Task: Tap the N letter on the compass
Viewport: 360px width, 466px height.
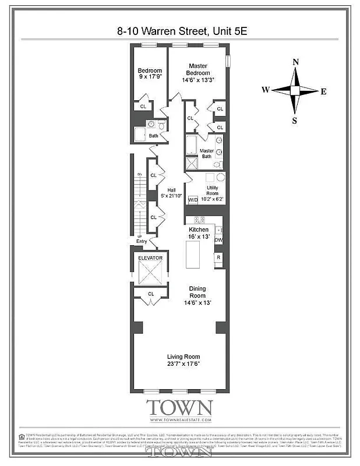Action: click(x=296, y=62)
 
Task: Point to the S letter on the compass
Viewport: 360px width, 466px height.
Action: click(x=295, y=121)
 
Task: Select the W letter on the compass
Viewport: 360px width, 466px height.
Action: click(x=265, y=90)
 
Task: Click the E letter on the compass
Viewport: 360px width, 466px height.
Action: click(x=324, y=91)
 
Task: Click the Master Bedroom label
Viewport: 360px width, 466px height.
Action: click(x=197, y=72)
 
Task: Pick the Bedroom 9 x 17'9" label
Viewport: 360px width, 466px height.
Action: click(x=149, y=75)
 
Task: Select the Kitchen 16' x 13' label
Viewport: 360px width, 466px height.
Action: click(x=198, y=233)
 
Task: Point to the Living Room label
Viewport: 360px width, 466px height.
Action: click(x=183, y=361)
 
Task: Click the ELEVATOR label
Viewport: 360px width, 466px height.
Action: click(x=150, y=257)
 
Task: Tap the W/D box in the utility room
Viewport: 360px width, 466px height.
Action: click(x=193, y=199)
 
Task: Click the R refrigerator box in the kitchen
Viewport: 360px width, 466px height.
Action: click(x=218, y=257)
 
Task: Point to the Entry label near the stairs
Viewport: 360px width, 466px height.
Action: click(x=142, y=241)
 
